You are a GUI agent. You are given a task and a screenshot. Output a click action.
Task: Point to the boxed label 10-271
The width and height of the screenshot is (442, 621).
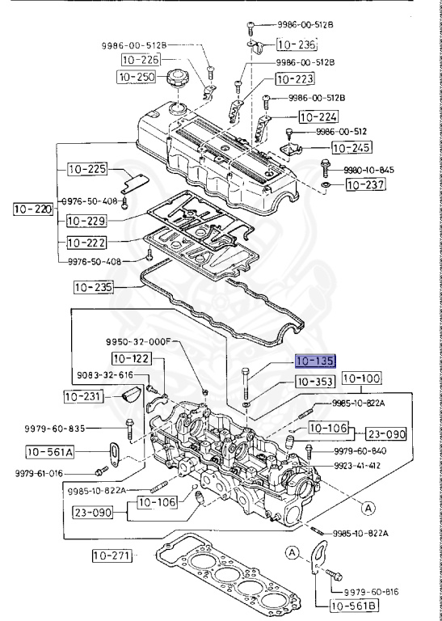pos(111,556)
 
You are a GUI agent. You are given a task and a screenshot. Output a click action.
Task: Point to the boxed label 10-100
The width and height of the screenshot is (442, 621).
pos(360,378)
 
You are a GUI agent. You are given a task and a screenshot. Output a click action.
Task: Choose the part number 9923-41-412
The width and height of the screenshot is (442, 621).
pos(361,467)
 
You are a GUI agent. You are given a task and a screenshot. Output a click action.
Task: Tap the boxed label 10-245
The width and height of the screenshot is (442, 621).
pos(351,148)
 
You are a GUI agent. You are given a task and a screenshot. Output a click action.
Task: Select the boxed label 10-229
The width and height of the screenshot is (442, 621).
pos(86,219)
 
